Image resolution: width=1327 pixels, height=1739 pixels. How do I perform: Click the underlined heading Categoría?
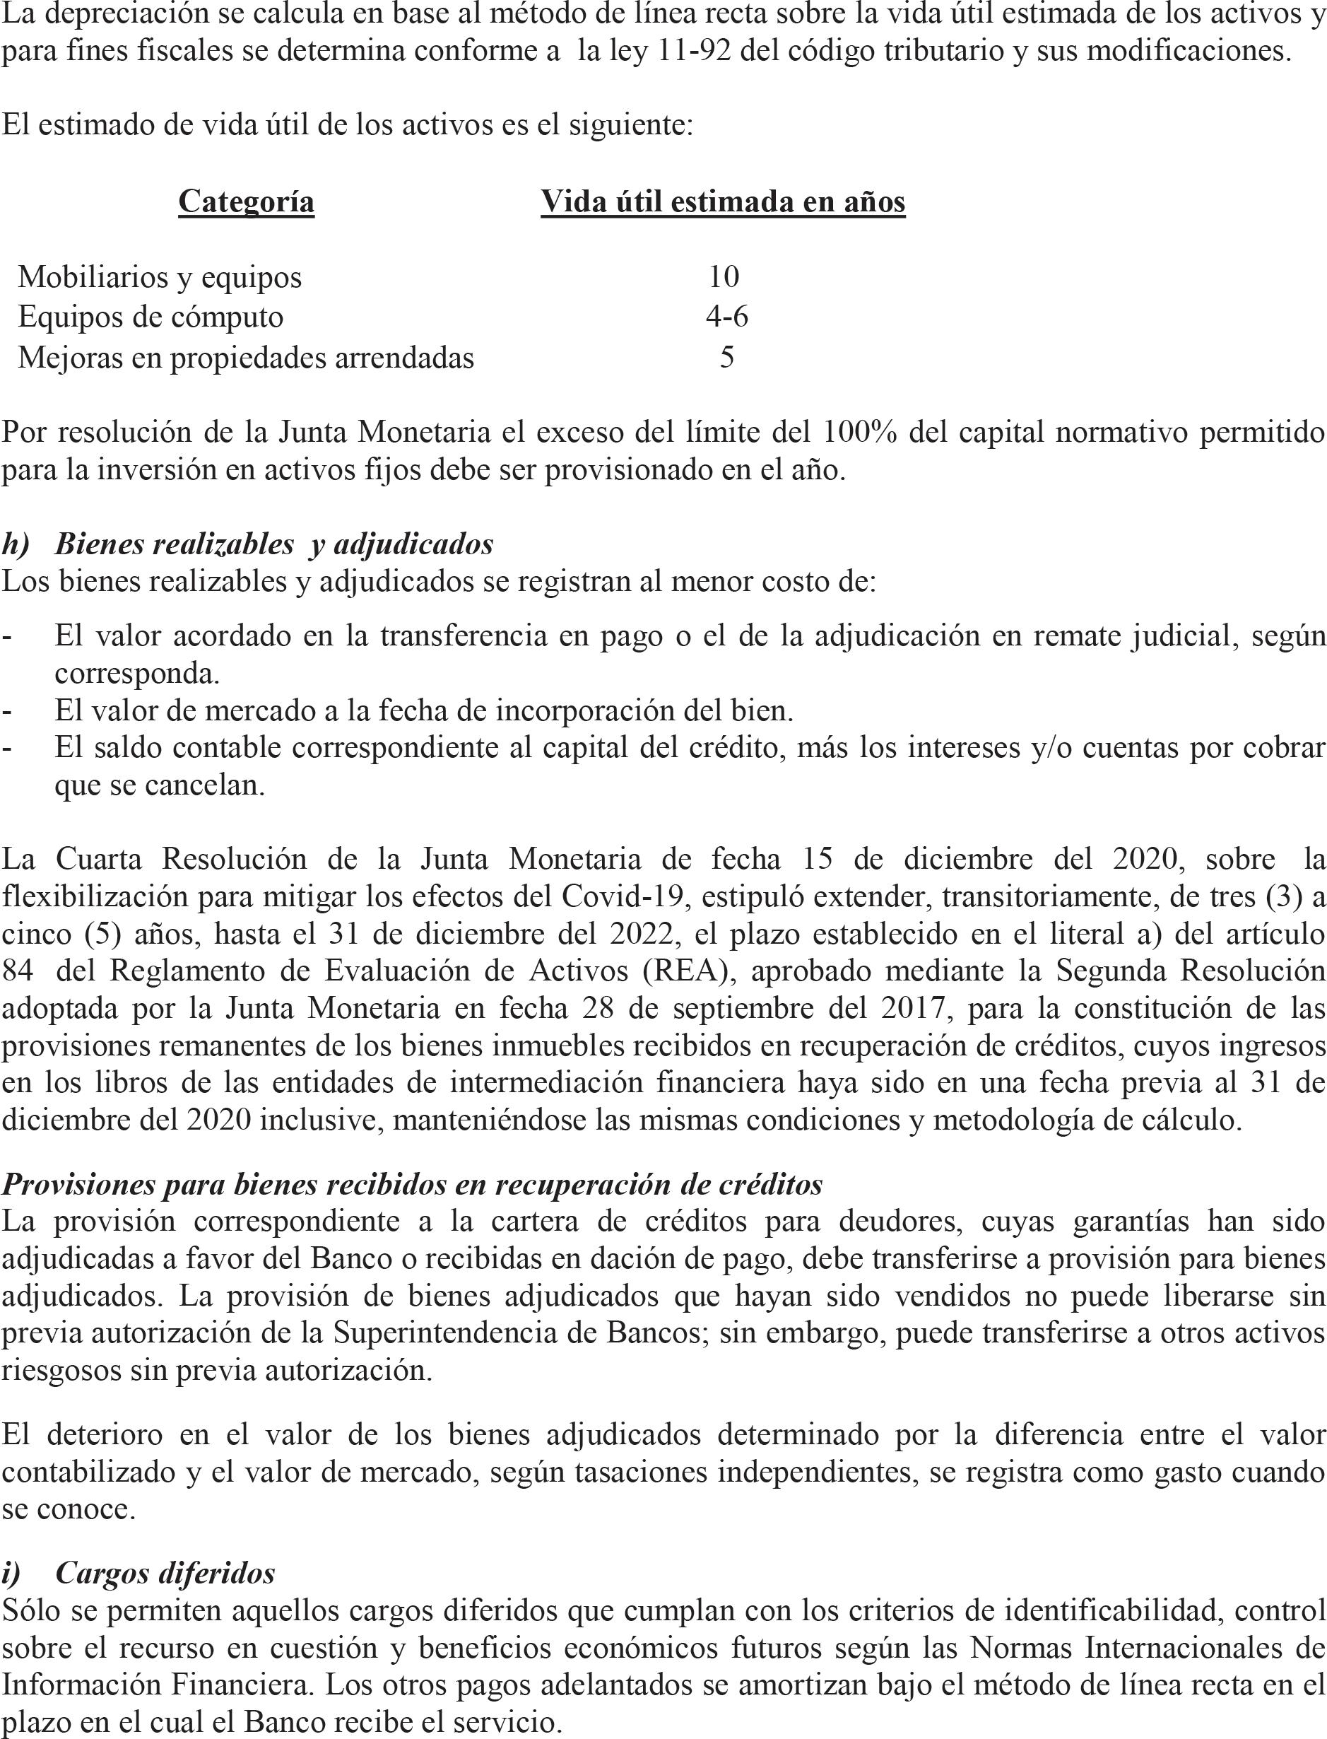pos(246,201)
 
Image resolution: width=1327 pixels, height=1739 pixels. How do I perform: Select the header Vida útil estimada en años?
pos(723,201)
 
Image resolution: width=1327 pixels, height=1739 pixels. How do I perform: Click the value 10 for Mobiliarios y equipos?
pos(724,276)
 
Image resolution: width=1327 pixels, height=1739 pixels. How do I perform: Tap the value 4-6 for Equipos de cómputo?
pos(726,317)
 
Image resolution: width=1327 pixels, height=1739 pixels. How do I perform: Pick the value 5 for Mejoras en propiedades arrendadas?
pos(726,357)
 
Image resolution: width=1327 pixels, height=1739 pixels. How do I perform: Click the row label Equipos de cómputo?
pos(150,317)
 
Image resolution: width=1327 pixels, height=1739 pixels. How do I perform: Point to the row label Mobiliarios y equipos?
pos(160,277)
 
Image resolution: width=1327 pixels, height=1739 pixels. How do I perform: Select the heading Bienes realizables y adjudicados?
pos(274,544)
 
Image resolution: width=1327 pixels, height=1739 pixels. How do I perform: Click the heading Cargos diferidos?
pos(165,1551)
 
